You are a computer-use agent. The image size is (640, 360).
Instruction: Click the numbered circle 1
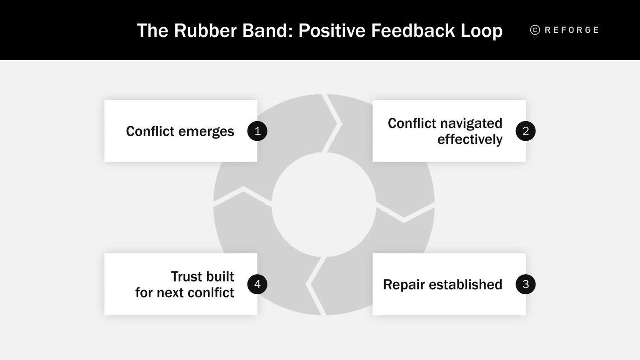coord(257,131)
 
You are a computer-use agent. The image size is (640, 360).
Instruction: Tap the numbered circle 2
coord(525,131)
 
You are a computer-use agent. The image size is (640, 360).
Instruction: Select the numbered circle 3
coord(525,284)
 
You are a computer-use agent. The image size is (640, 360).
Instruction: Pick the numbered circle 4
coord(257,284)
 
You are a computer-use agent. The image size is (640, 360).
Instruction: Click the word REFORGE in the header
coord(572,30)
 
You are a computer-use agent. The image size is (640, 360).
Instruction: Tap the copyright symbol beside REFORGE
coord(535,30)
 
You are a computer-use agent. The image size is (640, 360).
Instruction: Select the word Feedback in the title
coord(413,31)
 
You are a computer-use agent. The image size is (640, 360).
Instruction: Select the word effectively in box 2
coord(469,139)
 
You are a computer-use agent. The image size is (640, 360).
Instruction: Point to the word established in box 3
coord(465,285)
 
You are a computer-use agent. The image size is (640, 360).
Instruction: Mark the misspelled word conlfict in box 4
coord(211,293)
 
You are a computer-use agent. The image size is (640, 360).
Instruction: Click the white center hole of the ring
coord(324,205)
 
